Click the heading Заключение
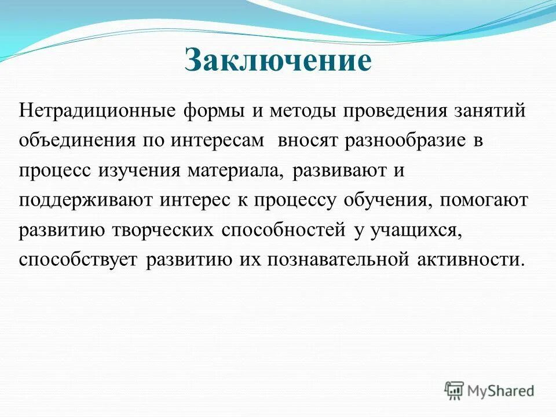coord(278,61)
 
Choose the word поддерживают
coord(86,201)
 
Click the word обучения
coord(387,201)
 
